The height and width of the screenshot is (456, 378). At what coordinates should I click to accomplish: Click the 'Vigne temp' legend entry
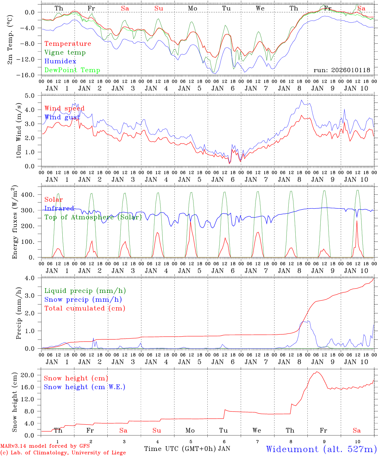coord(65,53)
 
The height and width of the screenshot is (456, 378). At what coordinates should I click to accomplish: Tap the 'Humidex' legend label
coord(60,61)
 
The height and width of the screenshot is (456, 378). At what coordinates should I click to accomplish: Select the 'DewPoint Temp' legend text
coord(72,70)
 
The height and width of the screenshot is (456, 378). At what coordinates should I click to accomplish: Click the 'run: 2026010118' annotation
coord(342,70)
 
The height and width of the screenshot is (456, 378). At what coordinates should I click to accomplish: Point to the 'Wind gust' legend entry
coord(62,117)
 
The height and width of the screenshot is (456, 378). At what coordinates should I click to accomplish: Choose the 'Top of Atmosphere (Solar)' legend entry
coord(93,217)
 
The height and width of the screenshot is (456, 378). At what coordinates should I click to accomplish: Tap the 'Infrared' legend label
coord(59,208)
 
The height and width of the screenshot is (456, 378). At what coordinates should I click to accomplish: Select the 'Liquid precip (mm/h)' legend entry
coord(85,291)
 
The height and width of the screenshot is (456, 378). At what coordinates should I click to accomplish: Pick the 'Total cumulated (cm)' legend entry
coord(85,308)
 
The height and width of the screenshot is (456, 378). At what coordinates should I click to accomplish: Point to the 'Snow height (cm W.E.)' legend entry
coord(85,387)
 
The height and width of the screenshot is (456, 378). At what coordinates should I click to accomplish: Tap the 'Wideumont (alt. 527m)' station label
coord(321,449)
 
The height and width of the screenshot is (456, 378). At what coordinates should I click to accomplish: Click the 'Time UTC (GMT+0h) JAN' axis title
coord(187,449)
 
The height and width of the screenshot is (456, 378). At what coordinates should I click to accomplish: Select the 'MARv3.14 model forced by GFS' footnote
coord(45,446)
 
